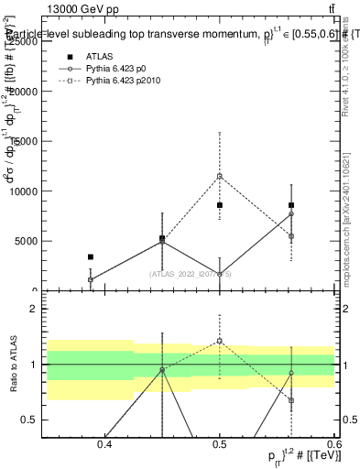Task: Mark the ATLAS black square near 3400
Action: pyautogui.click(x=90, y=257)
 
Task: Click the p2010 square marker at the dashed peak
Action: pyautogui.click(x=220, y=176)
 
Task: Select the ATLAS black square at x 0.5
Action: pyautogui.click(x=220, y=205)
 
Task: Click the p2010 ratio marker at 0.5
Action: pyautogui.click(x=220, y=341)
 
